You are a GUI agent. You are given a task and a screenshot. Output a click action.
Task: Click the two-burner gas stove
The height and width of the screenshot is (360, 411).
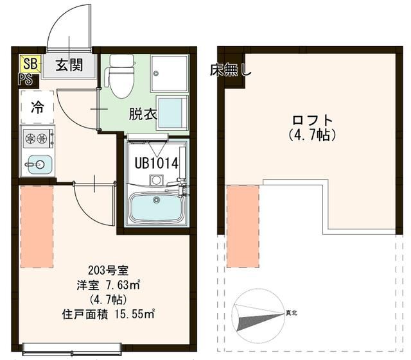(x=37, y=138)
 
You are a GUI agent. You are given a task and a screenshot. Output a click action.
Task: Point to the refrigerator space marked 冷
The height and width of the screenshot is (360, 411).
(x=37, y=107)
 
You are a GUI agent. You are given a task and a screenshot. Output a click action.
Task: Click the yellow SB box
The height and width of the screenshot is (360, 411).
(x=30, y=64)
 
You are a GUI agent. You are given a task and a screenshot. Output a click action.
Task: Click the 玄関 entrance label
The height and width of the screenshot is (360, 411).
(x=67, y=65)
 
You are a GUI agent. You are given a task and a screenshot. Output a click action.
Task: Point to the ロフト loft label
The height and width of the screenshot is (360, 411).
(x=313, y=120)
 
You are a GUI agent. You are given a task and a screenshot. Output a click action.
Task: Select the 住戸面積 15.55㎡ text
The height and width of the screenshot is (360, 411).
(x=108, y=314)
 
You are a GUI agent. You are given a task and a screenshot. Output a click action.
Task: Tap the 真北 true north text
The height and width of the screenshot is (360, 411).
(x=291, y=313)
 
